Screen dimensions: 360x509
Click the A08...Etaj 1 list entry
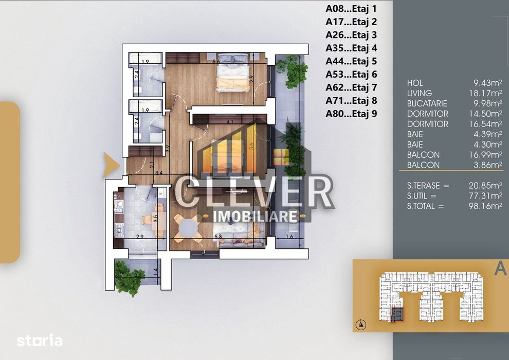coord(351,8)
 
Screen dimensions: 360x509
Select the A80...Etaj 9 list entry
coord(351,114)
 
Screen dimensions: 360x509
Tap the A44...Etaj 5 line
coord(351,61)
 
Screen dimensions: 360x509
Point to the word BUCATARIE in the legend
coord(427,103)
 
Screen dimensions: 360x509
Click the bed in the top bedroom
coord(232,75)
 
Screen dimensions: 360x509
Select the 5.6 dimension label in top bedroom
coord(216,62)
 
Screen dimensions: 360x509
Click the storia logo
coord(40,340)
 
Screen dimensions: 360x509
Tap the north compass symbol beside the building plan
coord(362,324)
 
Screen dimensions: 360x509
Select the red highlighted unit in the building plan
coord(397,314)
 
